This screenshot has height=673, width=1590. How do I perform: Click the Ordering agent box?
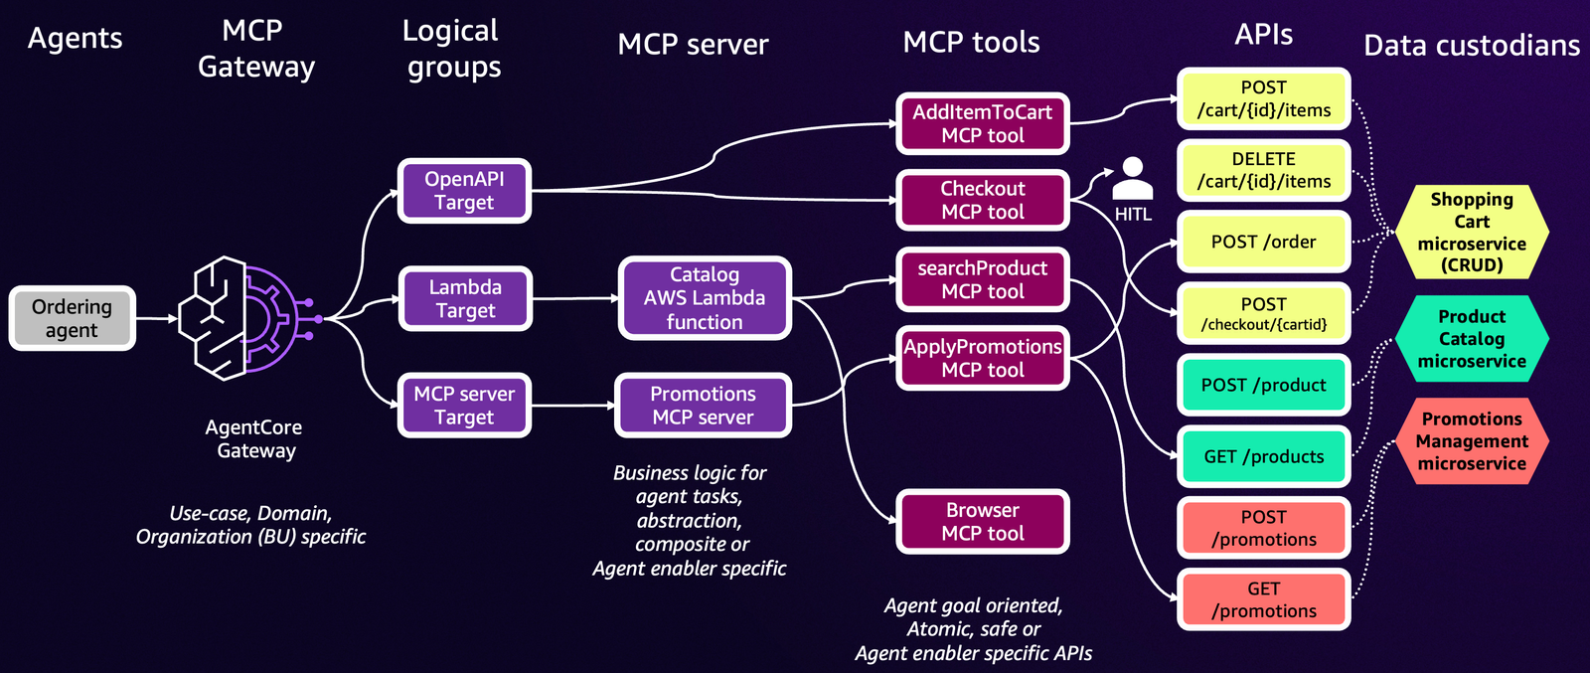point(72,318)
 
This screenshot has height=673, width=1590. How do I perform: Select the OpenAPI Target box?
point(464,191)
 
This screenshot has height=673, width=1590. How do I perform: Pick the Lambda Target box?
point(464,298)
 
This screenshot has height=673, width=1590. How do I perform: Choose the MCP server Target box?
point(464,406)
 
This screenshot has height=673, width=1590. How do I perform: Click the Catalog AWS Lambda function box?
point(704,298)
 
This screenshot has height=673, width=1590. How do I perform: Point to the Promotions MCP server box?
point(703,406)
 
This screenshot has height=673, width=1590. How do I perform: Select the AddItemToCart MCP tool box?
point(982,124)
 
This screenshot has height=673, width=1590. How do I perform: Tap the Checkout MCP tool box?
point(982,200)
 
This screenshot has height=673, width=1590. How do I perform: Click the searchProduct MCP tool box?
point(982,279)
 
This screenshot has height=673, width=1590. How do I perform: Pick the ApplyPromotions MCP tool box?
point(982,358)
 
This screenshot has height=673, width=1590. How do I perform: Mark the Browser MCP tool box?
point(982,522)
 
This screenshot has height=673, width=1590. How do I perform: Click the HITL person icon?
point(1132,179)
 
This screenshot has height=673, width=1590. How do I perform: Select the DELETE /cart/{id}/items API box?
point(1263,170)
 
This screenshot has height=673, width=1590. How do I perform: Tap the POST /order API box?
point(1263,242)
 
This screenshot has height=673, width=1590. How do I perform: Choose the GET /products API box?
point(1263,456)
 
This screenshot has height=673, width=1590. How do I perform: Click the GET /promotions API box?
point(1263,599)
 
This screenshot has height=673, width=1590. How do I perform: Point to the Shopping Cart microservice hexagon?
point(1472,232)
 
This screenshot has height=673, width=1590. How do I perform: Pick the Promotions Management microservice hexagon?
point(1472,441)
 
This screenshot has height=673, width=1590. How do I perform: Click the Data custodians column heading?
point(1472,46)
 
